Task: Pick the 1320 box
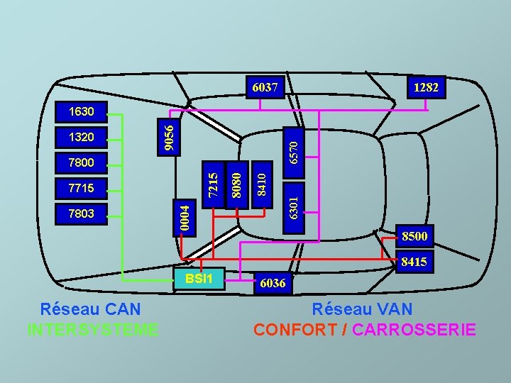point(81,136)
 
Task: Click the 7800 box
point(81,162)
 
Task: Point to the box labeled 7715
point(81,188)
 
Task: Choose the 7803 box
point(81,213)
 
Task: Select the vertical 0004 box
point(185,216)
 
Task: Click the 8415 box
point(414,262)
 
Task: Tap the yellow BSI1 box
point(199,277)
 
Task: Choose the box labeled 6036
point(273,284)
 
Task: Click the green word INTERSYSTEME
point(92,330)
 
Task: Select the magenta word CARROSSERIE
point(414,330)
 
